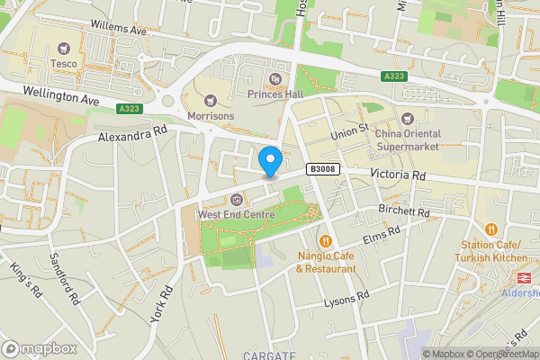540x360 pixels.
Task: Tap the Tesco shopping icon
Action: [63, 48]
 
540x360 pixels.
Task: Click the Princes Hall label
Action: [274, 93]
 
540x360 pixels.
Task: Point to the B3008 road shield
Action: [321, 168]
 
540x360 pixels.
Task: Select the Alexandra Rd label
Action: [133, 135]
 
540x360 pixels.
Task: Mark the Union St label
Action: [350, 132]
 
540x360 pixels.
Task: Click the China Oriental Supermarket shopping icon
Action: [407, 119]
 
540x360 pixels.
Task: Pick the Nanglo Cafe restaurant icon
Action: [326, 241]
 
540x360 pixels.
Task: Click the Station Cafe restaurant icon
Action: [491, 230]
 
